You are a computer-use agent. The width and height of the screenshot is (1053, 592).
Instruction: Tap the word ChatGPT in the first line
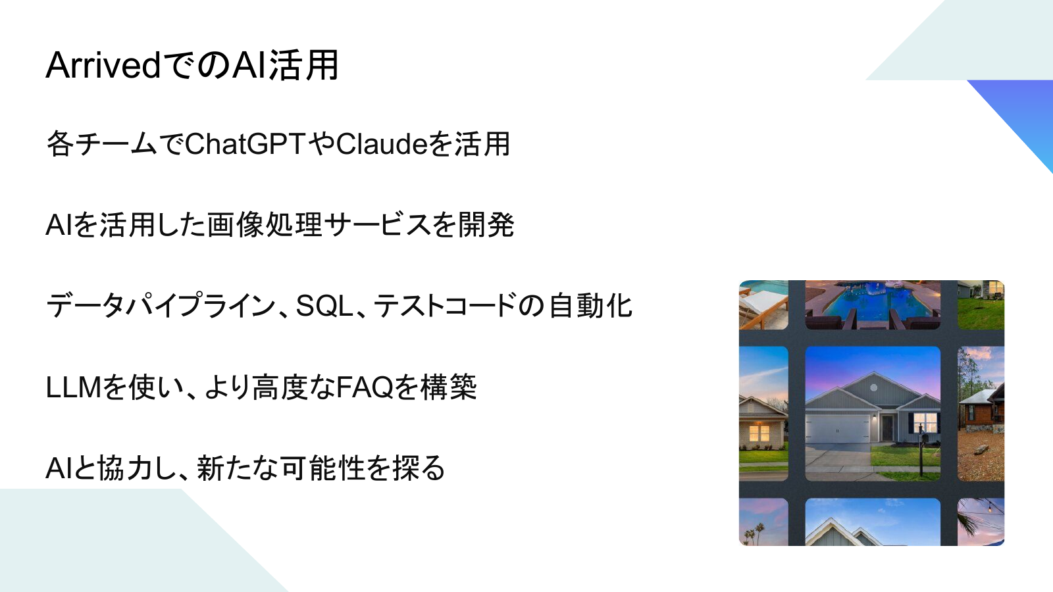(x=245, y=144)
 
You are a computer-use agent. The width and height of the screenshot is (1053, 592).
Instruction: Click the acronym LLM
(x=74, y=387)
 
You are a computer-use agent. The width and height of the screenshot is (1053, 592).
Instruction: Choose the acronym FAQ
(x=365, y=387)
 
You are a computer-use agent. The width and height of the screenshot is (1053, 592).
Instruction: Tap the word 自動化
(x=590, y=306)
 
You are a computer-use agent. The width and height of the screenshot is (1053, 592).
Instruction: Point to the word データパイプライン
(x=161, y=306)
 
